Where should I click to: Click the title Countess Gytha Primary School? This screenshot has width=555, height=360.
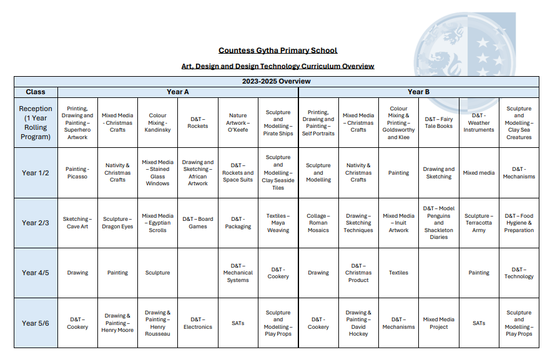coord(278,51)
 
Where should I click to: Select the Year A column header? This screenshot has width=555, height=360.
coord(178,92)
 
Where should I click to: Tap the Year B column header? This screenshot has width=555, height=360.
coord(418,92)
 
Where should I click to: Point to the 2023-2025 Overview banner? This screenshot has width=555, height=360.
coord(277,81)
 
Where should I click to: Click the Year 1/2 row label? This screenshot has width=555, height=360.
coord(36,173)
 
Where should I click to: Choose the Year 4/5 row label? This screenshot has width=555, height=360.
coord(36,273)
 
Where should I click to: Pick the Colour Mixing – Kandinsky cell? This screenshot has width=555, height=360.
coord(157,122)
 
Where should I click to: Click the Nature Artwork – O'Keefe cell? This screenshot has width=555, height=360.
coord(238,122)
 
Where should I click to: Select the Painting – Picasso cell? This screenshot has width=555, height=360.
coord(77,173)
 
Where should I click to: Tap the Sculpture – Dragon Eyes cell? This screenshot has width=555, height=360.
coord(117,223)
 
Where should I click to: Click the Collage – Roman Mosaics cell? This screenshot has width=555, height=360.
coord(318,223)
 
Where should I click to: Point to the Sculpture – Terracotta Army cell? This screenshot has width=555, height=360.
coord(479,223)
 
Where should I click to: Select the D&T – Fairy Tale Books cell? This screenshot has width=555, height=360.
coord(439,122)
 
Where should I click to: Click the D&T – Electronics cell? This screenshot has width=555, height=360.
coord(198,323)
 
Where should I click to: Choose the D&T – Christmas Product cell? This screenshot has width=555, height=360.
coord(358,273)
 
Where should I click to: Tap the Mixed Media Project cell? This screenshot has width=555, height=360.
coord(439,323)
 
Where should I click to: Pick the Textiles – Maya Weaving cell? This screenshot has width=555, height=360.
coord(278,223)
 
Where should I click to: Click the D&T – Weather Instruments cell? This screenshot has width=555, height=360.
coord(479,122)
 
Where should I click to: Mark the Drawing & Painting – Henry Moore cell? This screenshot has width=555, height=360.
coord(117,323)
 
